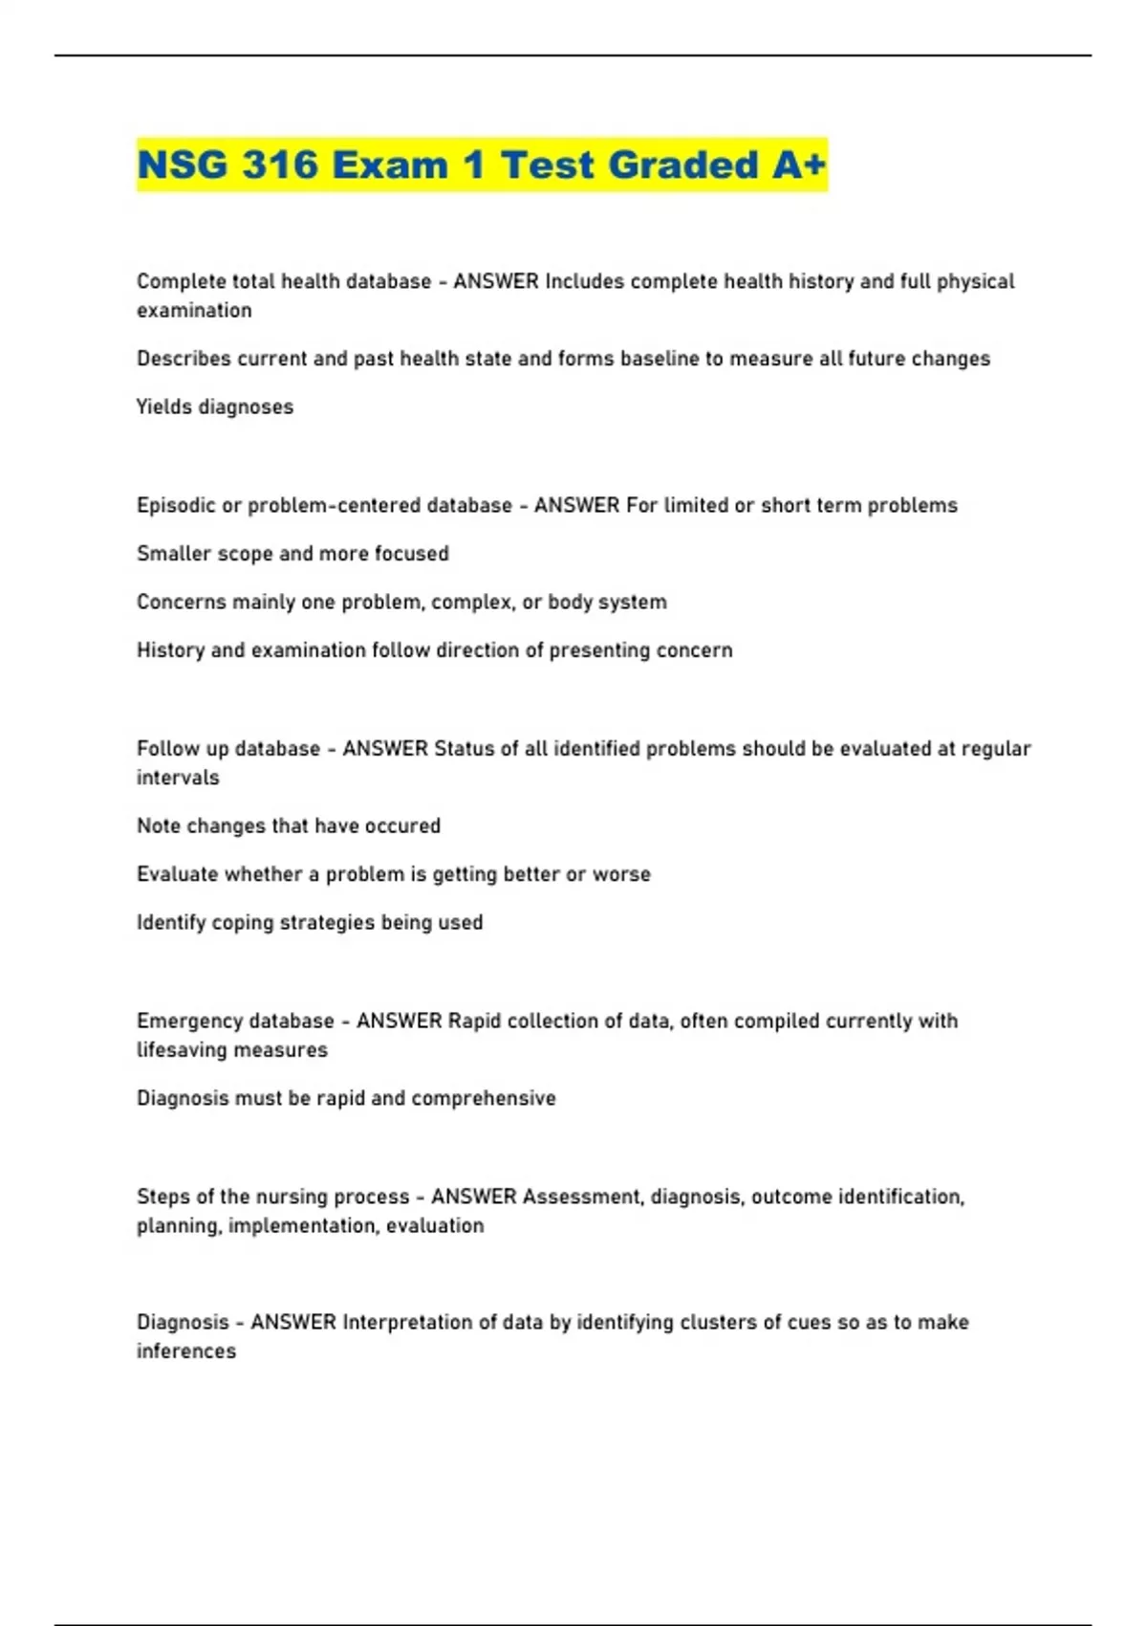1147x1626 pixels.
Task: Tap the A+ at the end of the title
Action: click(799, 165)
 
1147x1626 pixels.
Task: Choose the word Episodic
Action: click(176, 505)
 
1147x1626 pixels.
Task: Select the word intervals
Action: click(178, 778)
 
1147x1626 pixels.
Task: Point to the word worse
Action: click(621, 874)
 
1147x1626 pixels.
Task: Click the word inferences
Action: click(185, 1351)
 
